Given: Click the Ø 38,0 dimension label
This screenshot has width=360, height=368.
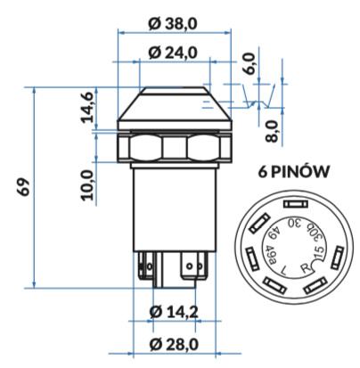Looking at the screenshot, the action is (173, 24).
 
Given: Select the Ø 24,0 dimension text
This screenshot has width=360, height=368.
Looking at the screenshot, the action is (173, 53).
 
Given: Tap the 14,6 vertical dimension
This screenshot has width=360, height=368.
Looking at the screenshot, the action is (87, 107).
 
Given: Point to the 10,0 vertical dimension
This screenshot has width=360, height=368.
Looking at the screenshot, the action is (87, 184).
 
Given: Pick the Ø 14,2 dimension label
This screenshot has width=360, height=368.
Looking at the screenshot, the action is (174, 312).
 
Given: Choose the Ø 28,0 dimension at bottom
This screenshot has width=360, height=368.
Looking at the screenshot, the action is (174, 344).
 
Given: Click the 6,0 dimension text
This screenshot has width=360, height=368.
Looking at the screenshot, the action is (249, 63).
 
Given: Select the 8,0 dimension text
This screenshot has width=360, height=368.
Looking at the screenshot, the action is (272, 132).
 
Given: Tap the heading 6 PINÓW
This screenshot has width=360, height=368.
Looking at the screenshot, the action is (294, 172).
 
